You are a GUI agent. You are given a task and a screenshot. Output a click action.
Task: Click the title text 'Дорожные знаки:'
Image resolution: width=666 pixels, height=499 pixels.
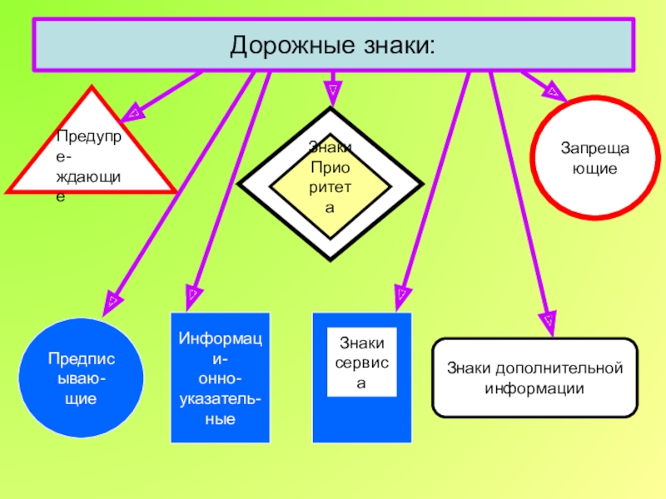[x=332, y=45]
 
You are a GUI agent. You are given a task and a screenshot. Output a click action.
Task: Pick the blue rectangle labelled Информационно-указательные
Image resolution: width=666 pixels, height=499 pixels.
[x=220, y=378]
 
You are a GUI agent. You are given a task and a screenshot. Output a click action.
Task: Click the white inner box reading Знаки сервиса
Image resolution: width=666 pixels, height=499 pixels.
[x=361, y=363]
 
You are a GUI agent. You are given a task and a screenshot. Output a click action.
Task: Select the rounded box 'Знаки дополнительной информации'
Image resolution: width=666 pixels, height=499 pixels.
[x=534, y=378]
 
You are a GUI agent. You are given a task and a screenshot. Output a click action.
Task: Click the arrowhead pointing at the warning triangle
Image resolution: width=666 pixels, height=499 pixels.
[x=132, y=109]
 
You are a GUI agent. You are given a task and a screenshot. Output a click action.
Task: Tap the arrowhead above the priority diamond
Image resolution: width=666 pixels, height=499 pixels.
[x=332, y=89]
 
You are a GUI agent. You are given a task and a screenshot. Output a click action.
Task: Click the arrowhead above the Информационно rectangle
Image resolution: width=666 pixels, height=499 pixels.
[x=192, y=293]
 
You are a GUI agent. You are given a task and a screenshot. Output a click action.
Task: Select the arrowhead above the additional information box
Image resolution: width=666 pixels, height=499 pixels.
[x=548, y=319]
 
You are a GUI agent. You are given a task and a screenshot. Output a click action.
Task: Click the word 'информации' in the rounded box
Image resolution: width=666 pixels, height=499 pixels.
[x=534, y=388]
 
